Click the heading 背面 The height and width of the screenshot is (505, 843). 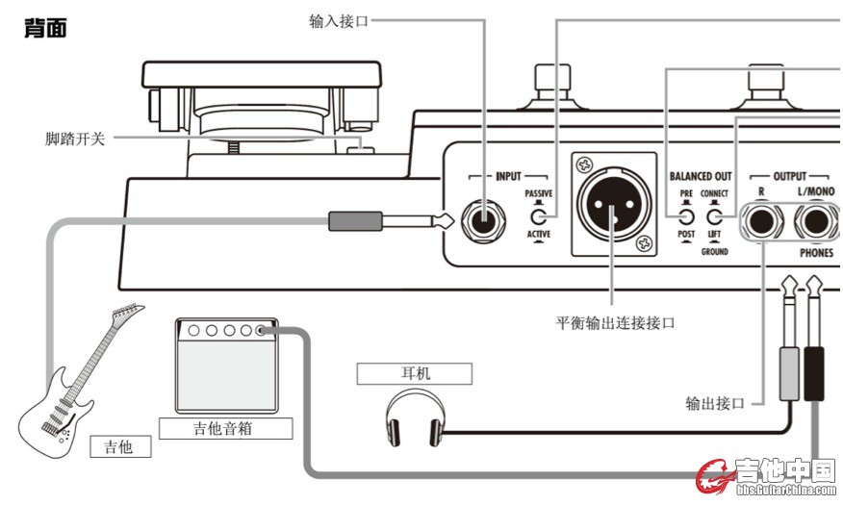coord(44,28)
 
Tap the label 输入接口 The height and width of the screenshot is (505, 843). coord(339,19)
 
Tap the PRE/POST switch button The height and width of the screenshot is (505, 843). coord(686,215)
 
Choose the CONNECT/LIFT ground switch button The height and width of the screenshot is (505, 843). coord(714,215)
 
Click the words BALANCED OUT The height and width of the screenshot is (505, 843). coord(700,176)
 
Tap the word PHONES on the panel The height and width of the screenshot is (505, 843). coord(816,254)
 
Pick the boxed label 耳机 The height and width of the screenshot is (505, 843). coord(414,372)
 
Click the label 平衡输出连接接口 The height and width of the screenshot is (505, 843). coord(615,322)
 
